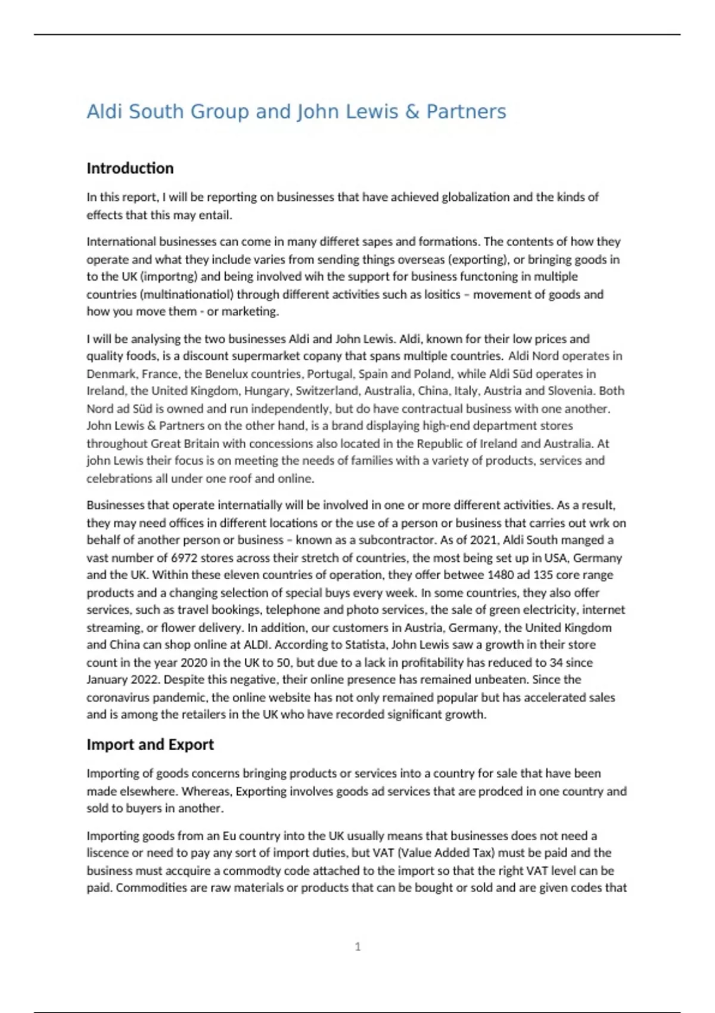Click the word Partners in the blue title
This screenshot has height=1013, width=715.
(x=466, y=111)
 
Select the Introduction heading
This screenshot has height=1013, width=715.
(x=130, y=169)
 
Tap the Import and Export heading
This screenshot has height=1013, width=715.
(x=150, y=745)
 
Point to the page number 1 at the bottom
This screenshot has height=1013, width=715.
(x=357, y=947)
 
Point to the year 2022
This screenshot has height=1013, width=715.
(x=145, y=680)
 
